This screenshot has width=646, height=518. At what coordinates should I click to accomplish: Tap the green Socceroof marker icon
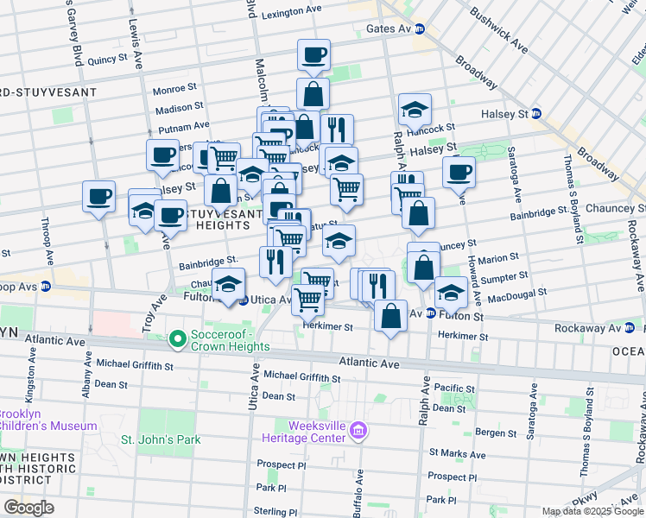(179, 339)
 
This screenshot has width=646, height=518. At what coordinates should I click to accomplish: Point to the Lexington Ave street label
(291, 14)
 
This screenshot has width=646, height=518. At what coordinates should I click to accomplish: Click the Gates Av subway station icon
(421, 28)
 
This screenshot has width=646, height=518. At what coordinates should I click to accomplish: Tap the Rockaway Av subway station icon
(630, 327)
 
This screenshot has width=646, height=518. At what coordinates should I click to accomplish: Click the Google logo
(28, 508)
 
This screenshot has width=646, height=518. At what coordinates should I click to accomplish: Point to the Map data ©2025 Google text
(592, 511)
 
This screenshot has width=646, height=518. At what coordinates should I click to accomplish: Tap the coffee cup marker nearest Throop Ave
(99, 195)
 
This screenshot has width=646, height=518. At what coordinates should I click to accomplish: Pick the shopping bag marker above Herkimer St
(391, 316)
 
